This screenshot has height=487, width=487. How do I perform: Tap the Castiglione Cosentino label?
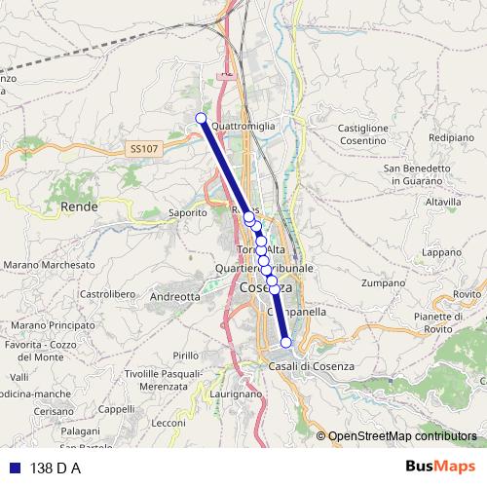pyautogui.click(x=363, y=134)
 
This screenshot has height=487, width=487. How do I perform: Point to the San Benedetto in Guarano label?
pyautogui.click(x=416, y=173)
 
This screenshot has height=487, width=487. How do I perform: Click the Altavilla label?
pyautogui.click(x=443, y=202)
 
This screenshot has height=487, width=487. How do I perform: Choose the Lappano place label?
pyautogui.click(x=441, y=252)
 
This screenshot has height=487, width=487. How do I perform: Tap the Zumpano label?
pyautogui.click(x=381, y=283)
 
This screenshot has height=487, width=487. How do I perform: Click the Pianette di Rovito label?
pyautogui.click(x=435, y=323)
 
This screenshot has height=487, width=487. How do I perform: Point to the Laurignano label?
pyautogui.click(x=236, y=393)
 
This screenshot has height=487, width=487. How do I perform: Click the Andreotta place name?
pyautogui.click(x=176, y=296)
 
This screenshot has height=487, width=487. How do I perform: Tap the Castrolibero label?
pyautogui.click(x=105, y=293)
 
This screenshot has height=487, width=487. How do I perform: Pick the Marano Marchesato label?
pyautogui.click(x=49, y=265)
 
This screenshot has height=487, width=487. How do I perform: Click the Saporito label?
pyautogui.click(x=188, y=211)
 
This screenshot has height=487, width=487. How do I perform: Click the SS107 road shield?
pyautogui.click(x=142, y=148)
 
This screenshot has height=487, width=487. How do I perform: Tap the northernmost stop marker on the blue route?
pyautogui.click(x=201, y=119)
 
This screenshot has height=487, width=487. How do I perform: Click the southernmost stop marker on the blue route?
pyautogui.click(x=286, y=342)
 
